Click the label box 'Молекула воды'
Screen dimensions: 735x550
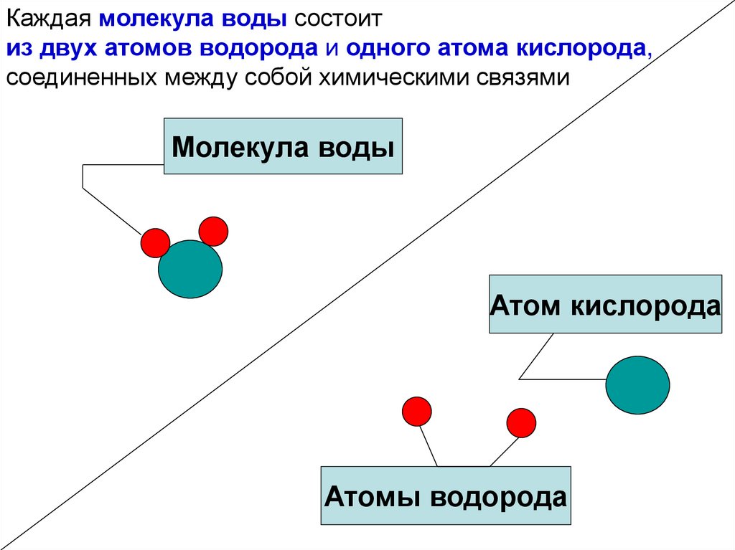pyautogui.click(x=283, y=147)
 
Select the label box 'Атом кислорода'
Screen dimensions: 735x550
pyautogui.click(x=605, y=304)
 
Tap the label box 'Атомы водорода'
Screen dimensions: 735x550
pyautogui.click(x=445, y=496)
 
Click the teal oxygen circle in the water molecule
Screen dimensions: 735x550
pyautogui.click(x=190, y=269)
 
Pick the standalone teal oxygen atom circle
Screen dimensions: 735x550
pyautogui.click(x=637, y=385)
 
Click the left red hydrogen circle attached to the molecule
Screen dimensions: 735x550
pyautogui.click(x=155, y=243)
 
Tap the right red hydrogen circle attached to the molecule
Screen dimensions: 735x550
pyautogui.click(x=213, y=231)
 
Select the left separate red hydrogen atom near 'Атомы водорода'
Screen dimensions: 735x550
pyautogui.click(x=416, y=411)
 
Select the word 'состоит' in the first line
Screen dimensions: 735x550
pyautogui.click(x=343, y=19)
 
